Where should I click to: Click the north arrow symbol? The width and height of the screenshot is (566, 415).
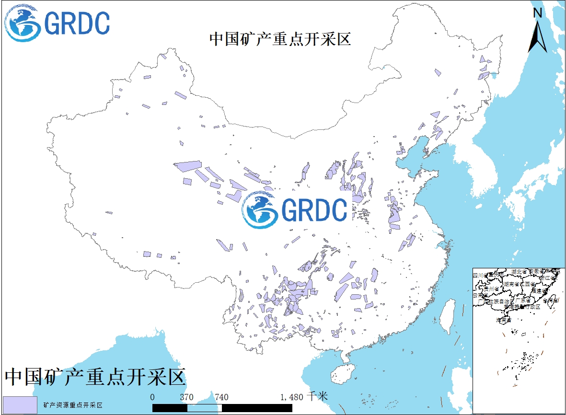(538, 36)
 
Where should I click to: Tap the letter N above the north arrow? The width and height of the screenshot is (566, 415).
(538, 13)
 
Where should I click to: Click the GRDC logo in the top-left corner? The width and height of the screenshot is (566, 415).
(57, 23)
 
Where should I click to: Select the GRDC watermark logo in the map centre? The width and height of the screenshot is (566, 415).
(294, 210)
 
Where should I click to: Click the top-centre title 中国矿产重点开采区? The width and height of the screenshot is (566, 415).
(280, 39)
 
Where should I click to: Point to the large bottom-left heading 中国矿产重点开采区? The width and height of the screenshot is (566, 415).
(95, 377)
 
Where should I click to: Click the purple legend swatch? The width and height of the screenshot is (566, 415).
(20, 405)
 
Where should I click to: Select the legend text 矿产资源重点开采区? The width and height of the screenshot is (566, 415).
(73, 405)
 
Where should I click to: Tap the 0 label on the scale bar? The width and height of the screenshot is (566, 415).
(152, 397)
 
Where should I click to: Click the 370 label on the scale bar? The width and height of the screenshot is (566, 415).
(186, 397)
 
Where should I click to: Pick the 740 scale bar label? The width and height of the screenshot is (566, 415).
(221, 397)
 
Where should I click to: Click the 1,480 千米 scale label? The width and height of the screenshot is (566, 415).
(304, 397)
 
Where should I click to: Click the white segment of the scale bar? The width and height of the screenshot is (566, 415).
(204, 407)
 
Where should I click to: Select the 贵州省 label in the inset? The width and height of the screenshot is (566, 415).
(492, 289)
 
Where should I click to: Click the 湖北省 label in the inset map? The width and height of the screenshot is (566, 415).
(519, 272)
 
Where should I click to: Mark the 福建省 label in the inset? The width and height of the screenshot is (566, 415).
(539, 290)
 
